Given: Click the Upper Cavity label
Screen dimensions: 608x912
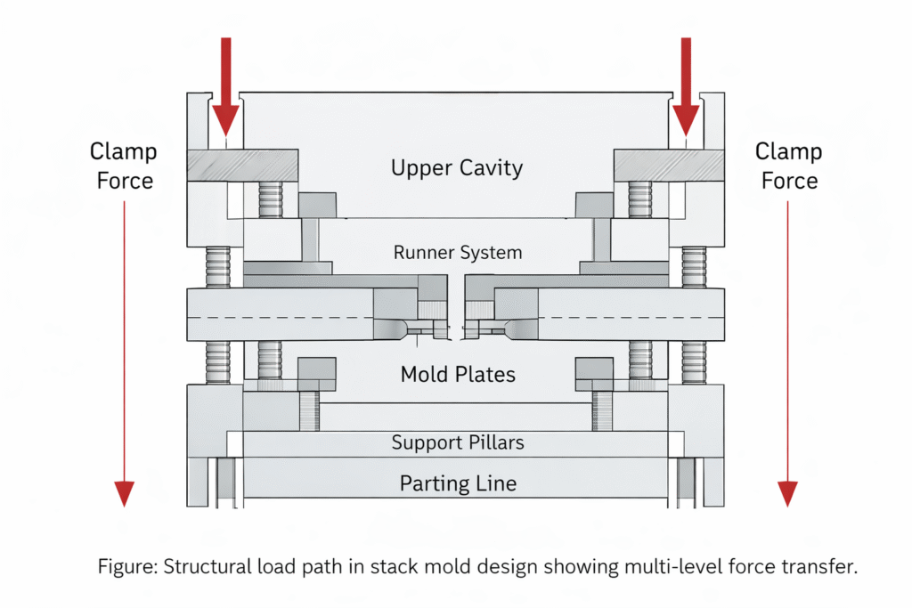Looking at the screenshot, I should point(457,167).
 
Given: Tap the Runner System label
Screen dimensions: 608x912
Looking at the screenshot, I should point(458,253).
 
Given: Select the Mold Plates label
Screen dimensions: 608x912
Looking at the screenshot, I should point(458,374).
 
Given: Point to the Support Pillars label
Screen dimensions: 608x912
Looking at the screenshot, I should point(458,442).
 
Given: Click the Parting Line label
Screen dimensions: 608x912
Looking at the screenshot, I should point(458,483).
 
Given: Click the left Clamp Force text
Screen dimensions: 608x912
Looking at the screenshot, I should point(123,166).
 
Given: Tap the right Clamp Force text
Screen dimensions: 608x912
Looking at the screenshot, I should point(788,166).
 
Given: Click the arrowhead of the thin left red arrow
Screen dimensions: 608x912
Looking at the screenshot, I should point(124,492).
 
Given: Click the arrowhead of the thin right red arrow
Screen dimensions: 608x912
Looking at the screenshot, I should point(787,492).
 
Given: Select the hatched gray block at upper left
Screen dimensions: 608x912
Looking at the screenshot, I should point(242,164).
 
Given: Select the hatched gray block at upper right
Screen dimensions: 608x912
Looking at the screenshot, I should point(668,164).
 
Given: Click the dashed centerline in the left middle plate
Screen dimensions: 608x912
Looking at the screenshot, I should point(285,318).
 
